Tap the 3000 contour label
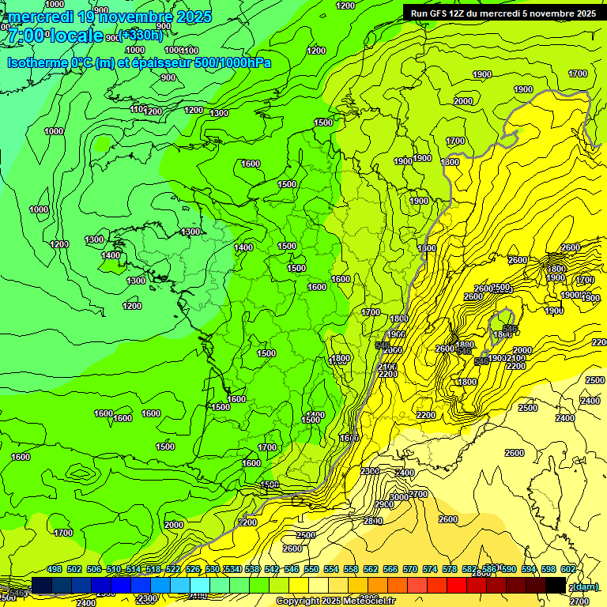point(399,496)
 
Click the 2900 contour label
point(384,504)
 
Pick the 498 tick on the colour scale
point(55,569)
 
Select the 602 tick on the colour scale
point(567,569)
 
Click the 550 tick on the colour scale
point(311,569)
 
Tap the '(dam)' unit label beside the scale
point(585,586)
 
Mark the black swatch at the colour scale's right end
point(556,585)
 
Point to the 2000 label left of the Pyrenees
point(174,525)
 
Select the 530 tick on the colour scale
point(213,569)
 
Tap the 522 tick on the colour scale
point(173,569)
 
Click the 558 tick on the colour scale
point(350,569)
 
